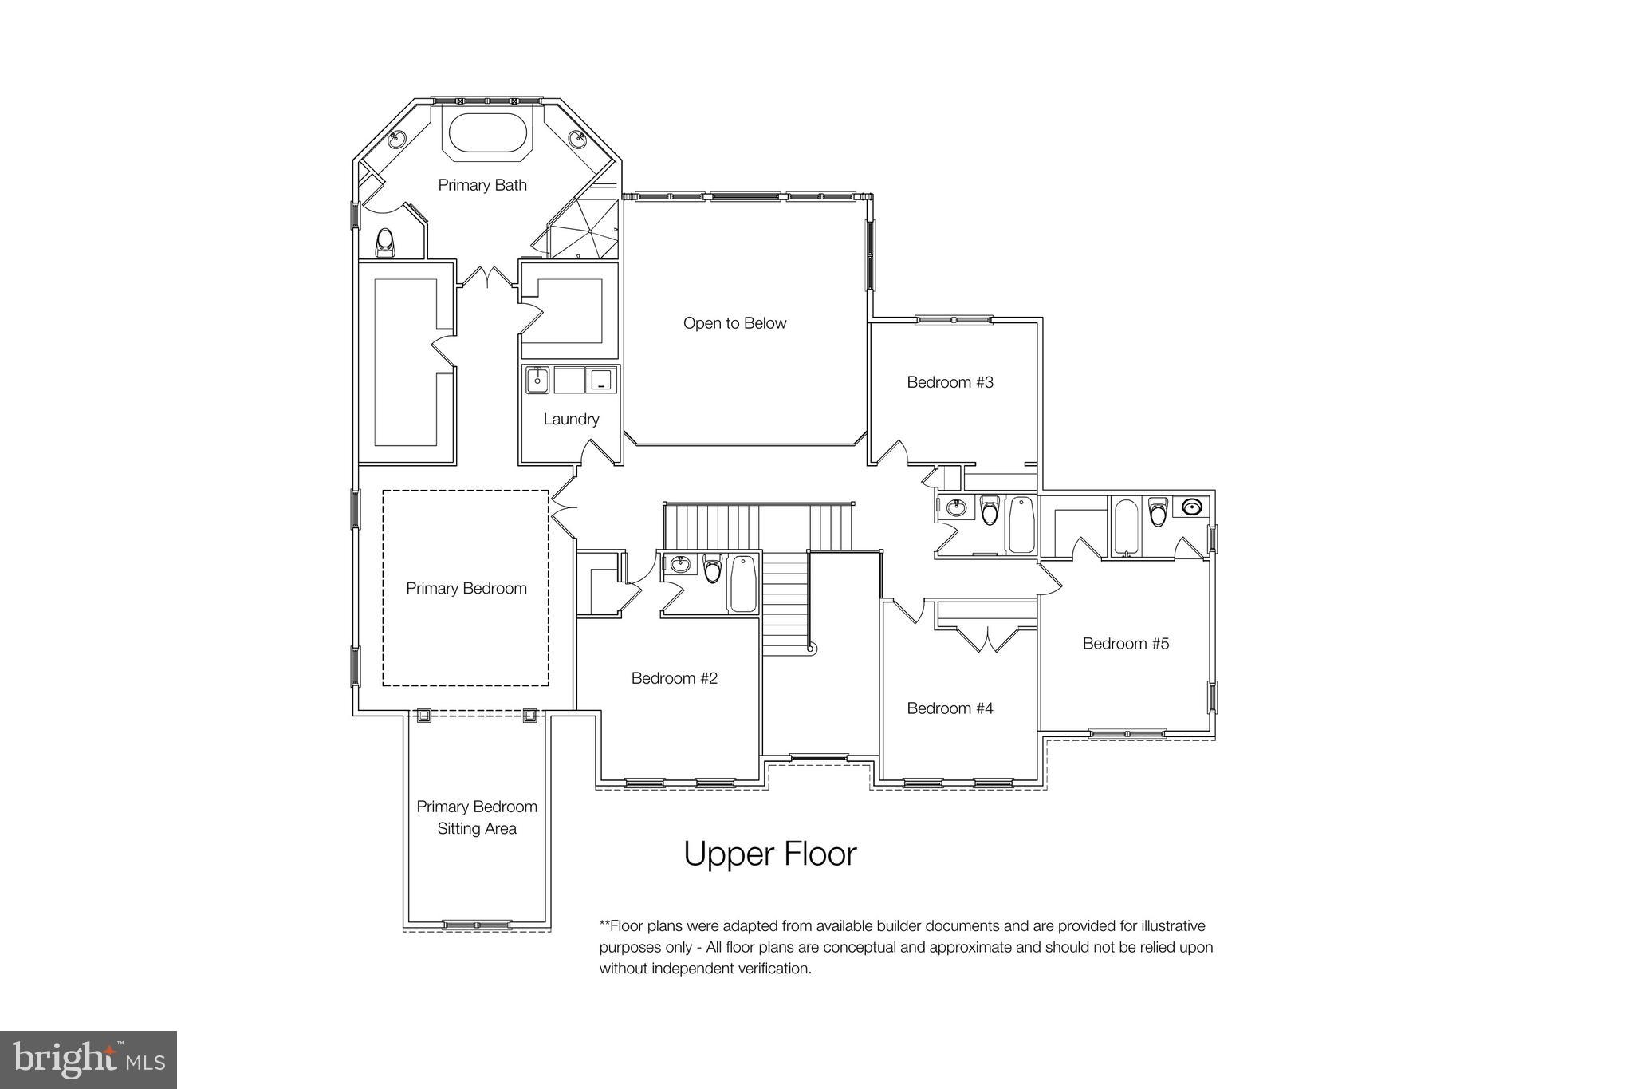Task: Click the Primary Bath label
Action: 482,185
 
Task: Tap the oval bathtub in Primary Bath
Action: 487,133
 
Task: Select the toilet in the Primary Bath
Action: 386,243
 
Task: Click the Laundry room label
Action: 571,419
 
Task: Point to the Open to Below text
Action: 734,323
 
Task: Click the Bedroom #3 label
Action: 950,382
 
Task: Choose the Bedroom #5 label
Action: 1125,644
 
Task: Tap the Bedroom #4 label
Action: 950,708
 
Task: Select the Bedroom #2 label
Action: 674,678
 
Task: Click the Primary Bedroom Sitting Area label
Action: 477,817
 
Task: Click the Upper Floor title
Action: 769,854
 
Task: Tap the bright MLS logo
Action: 89,1059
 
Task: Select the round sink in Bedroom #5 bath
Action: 1191,507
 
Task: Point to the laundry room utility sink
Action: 537,380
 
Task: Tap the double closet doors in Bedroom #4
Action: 987,639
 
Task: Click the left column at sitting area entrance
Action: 423,715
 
